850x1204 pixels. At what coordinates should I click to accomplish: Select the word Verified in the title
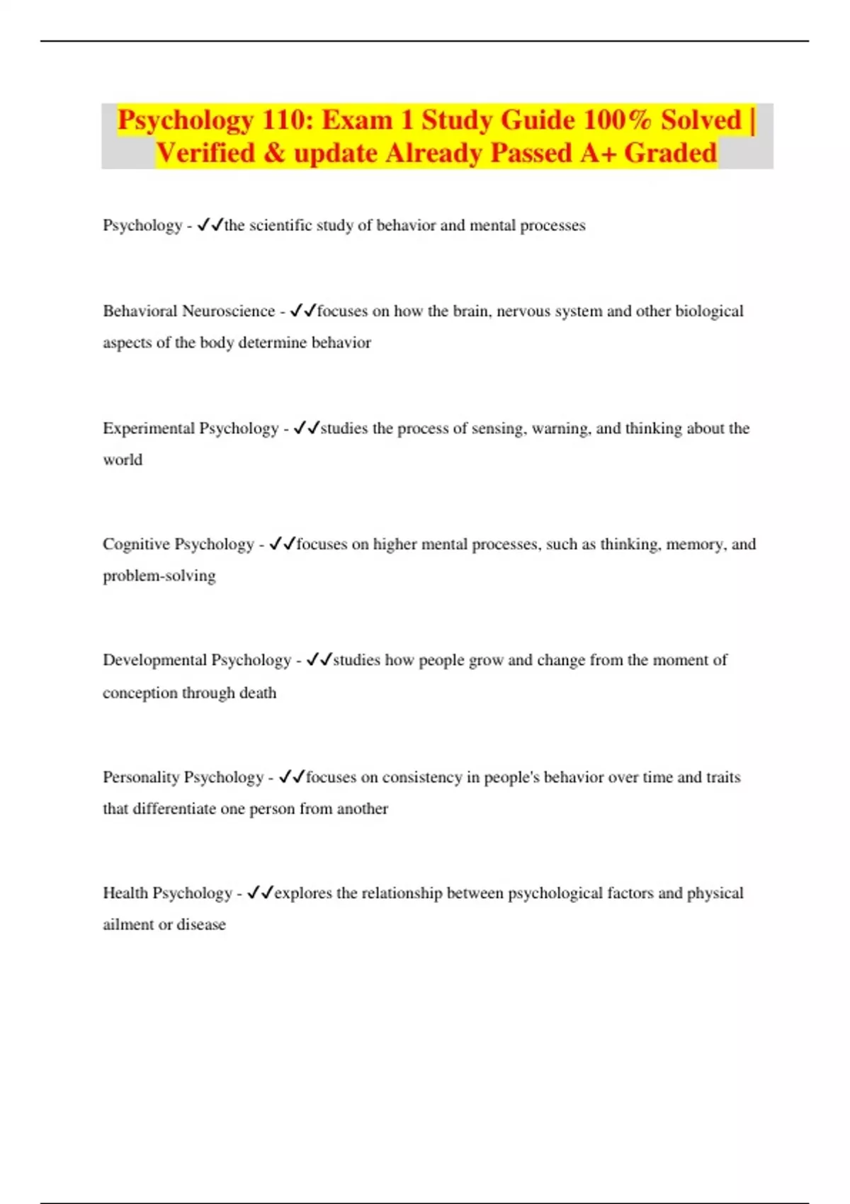(205, 153)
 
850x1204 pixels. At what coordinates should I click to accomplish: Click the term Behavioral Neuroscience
(188, 311)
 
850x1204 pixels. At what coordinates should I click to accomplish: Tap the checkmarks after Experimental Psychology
(306, 428)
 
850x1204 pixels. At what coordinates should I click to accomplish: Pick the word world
(123, 460)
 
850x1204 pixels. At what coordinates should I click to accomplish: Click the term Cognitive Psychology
(178, 544)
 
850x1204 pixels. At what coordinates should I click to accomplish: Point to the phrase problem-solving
(159, 576)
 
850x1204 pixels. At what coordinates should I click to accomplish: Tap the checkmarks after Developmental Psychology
(319, 660)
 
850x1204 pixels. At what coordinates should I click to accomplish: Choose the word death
(257, 693)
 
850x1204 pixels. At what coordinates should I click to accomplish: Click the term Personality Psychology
(183, 777)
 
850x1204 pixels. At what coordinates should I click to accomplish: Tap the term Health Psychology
(167, 893)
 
